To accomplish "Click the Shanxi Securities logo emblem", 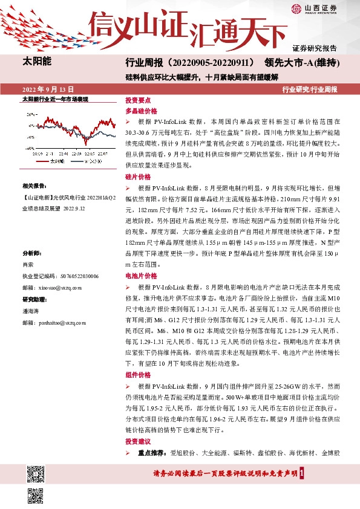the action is click(296, 8).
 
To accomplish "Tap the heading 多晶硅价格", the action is click(141, 112).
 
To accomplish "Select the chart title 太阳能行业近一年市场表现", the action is click(55, 98).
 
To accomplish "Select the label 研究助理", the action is click(34, 300).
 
